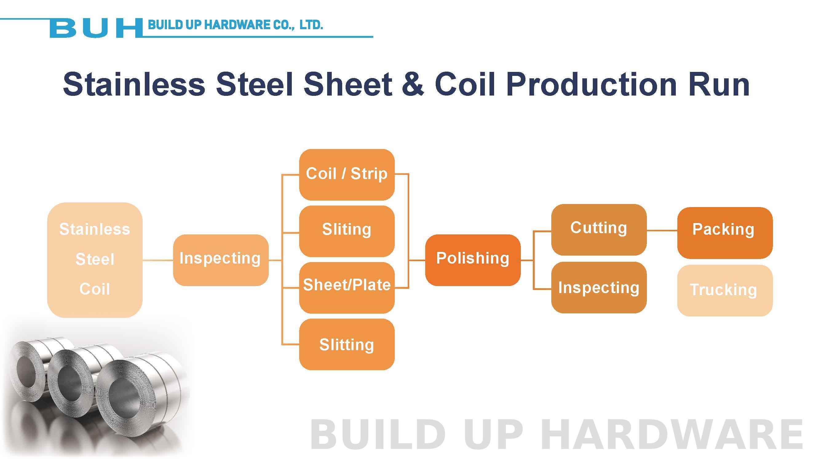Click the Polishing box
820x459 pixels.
473,260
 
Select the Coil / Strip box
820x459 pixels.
347,174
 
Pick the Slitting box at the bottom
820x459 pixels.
347,344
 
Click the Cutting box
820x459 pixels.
598,229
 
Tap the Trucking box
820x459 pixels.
724,290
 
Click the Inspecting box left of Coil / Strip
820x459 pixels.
220,260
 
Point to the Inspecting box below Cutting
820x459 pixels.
598,288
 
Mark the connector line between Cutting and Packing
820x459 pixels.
662,230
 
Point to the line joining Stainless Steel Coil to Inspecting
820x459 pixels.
157,260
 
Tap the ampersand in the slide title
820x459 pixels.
413,84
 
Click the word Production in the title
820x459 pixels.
591,84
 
